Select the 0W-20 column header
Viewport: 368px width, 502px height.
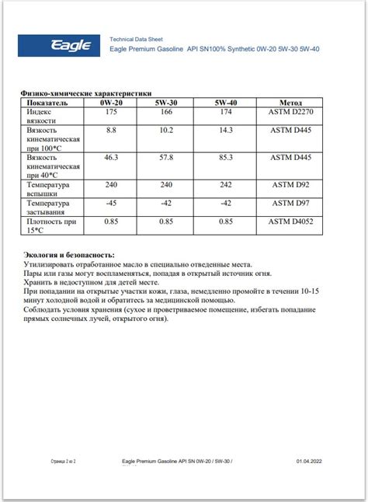(112, 102)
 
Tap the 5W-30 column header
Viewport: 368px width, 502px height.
(166, 102)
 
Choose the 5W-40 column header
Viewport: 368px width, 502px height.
(226, 102)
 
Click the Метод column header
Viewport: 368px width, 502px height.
(290, 102)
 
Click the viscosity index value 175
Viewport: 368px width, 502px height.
(112, 113)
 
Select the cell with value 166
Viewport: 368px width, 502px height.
(166, 113)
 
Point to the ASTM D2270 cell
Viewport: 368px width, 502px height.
(290, 113)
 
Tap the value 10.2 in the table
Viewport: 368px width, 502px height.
(166, 130)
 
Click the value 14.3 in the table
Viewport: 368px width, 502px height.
(226, 130)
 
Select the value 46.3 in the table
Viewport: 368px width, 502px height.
(112, 158)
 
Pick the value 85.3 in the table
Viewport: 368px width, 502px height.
(226, 158)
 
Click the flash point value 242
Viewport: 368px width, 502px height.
(226, 186)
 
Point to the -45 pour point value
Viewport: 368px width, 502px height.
(112, 204)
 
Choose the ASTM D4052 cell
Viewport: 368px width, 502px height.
(290, 222)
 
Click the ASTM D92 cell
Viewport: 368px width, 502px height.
(290, 186)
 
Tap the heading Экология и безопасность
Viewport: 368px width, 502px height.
(69, 255)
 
